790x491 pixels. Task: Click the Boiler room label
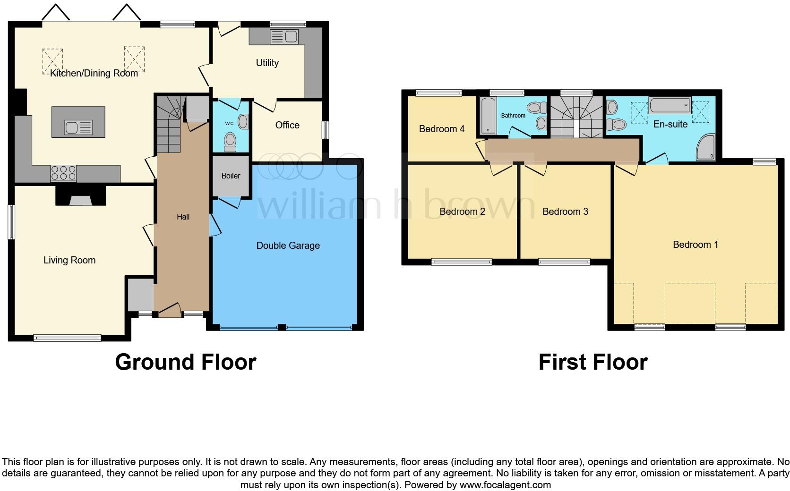(231, 176)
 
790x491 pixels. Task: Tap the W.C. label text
(230, 124)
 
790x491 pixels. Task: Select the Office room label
(287, 125)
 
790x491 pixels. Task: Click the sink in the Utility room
(284, 37)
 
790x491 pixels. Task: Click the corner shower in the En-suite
(706, 148)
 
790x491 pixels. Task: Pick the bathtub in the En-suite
(670, 105)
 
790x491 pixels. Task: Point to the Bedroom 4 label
(442, 129)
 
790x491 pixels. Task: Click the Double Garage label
(288, 245)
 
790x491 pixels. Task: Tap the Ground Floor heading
(186, 362)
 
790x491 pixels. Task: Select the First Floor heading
(592, 362)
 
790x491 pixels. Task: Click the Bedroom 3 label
(565, 212)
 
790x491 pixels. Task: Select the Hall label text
(183, 217)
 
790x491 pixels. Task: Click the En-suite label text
(670, 125)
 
